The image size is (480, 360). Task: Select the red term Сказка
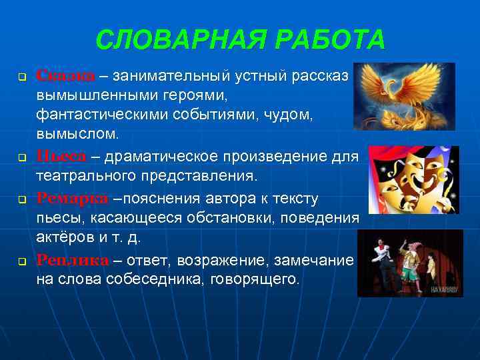(65, 75)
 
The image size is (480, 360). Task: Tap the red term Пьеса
(61, 157)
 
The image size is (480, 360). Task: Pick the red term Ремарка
(71, 199)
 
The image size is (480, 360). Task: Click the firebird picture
(404, 97)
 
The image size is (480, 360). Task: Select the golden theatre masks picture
(413, 179)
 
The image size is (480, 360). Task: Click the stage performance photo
(410, 263)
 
